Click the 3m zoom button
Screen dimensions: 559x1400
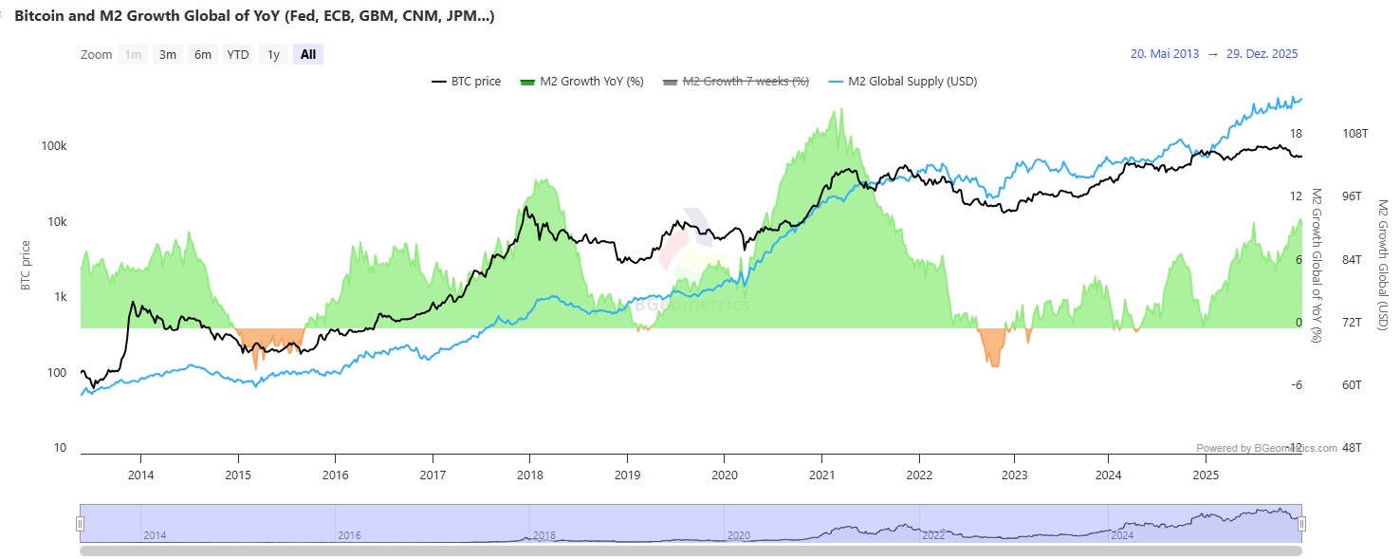click(x=168, y=54)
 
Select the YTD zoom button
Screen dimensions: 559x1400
click(x=237, y=54)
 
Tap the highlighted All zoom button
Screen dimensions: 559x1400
click(x=308, y=54)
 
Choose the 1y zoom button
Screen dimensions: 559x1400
click(x=273, y=54)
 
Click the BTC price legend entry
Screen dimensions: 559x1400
click(x=467, y=82)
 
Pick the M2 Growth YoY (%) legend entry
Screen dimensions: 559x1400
click(x=582, y=82)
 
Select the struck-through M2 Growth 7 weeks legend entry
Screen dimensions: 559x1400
click(x=736, y=82)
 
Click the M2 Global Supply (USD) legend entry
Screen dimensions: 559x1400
click(x=903, y=82)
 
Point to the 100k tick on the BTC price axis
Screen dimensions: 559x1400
click(x=54, y=147)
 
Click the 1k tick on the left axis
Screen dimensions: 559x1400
click(x=60, y=297)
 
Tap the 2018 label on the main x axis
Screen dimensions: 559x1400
click(x=529, y=475)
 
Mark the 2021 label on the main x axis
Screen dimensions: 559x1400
click(x=821, y=475)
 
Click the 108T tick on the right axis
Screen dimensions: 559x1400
click(x=1355, y=134)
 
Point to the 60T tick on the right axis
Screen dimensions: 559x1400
click(x=1353, y=385)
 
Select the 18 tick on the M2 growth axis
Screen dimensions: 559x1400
click(x=1296, y=134)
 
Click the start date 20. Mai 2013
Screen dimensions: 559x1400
click(x=1165, y=54)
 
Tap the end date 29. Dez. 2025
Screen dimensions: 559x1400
click(x=1262, y=54)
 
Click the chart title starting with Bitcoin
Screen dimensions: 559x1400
click(x=254, y=16)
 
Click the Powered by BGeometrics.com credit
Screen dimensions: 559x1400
click(x=1266, y=448)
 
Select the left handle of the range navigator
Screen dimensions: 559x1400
click(x=81, y=523)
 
